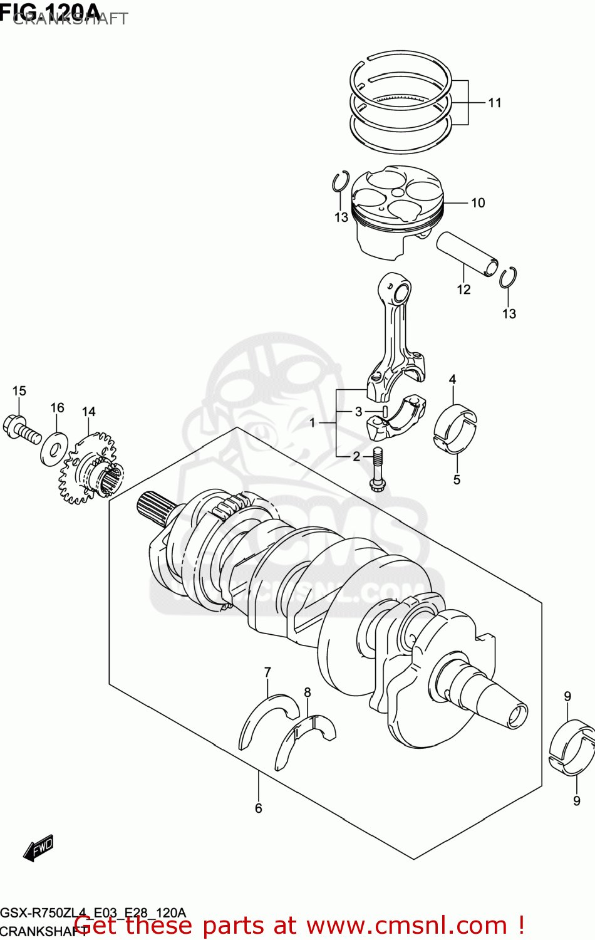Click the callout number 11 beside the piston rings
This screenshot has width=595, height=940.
click(495, 103)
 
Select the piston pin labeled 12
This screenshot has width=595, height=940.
click(467, 253)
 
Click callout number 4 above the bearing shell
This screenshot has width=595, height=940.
click(452, 379)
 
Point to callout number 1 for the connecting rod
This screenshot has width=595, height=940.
click(313, 423)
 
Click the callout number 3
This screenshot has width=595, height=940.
click(358, 412)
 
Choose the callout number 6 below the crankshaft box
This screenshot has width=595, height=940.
click(258, 808)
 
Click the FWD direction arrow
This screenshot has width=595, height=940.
click(39, 848)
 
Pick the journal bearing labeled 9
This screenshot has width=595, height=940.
click(571, 748)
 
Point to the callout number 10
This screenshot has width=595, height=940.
click(478, 203)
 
